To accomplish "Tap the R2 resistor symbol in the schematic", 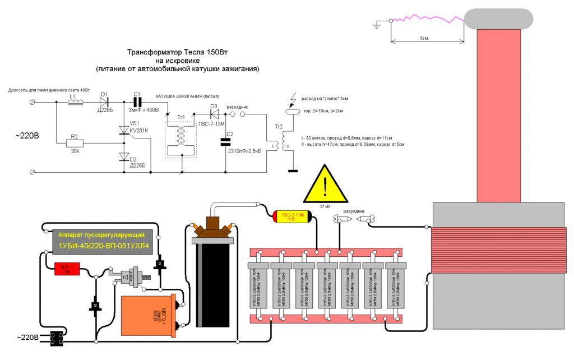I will click(x=75, y=143).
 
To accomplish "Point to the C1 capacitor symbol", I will click(x=137, y=102).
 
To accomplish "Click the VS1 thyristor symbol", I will click(x=123, y=130).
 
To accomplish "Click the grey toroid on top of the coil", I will click(x=498, y=19).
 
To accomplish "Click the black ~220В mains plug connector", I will click(x=55, y=338).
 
